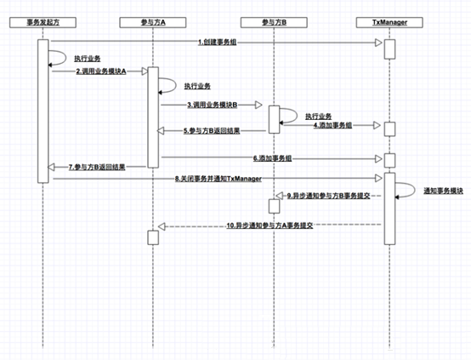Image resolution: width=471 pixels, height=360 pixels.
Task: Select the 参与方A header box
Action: (x=152, y=19)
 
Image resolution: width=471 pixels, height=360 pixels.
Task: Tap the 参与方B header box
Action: (x=274, y=19)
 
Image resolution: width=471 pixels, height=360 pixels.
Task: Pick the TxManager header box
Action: (x=389, y=19)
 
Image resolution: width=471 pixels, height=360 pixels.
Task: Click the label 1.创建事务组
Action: (x=224, y=41)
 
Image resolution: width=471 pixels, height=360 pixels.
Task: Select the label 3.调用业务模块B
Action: (x=212, y=105)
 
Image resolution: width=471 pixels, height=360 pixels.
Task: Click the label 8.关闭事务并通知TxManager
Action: (x=218, y=179)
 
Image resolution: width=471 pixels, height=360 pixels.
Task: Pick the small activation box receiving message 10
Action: (x=152, y=237)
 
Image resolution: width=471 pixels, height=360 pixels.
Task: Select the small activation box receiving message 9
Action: (x=274, y=205)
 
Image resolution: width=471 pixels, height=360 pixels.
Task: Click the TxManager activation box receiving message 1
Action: (x=389, y=49)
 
